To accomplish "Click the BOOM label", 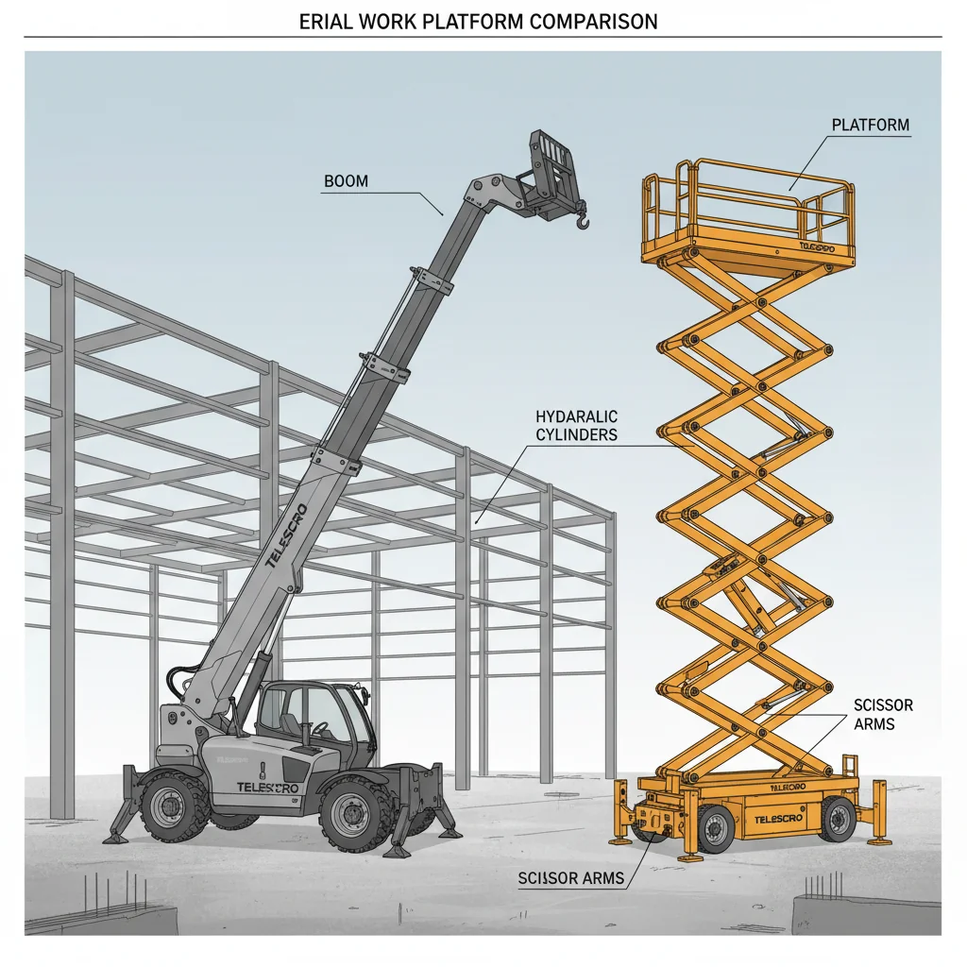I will pos(346,180).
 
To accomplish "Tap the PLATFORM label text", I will pos(871,125).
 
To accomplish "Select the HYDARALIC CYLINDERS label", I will pos(576,425).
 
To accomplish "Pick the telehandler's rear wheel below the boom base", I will pos(173,806).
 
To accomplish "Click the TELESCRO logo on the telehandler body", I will pos(267,788).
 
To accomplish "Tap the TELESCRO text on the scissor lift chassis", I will pos(780,819).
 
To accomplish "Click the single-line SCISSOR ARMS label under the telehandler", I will pos(571,878).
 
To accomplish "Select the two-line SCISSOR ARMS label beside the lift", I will pos(883,715).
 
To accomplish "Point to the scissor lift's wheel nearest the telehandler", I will pos(715,828).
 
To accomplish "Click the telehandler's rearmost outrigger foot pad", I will pos(117,837).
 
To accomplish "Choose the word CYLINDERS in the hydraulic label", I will pos(576,434).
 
